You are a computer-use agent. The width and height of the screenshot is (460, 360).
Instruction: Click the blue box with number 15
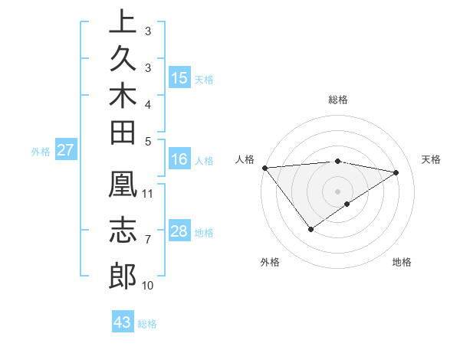(x=179, y=78)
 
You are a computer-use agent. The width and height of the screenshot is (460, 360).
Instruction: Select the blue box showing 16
(x=179, y=159)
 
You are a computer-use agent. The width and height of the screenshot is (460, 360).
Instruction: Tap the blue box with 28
(x=179, y=231)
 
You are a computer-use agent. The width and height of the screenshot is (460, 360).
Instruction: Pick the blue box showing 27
(x=66, y=150)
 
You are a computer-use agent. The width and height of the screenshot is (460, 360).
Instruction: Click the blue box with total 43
(x=123, y=322)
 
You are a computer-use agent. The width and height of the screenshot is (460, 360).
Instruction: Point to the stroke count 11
(x=148, y=191)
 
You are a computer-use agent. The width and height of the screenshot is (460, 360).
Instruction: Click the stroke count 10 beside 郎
(x=148, y=285)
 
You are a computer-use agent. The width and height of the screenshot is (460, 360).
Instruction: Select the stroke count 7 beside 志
(x=147, y=240)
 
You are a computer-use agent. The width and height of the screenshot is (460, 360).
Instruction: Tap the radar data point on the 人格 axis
(x=264, y=168)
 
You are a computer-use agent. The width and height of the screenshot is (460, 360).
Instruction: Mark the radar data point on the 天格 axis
(x=396, y=172)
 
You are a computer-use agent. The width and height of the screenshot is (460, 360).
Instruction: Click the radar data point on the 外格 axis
(x=310, y=228)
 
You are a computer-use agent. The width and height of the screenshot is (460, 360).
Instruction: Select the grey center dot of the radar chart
(x=337, y=191)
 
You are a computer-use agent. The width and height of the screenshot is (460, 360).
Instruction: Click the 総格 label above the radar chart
(x=337, y=100)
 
